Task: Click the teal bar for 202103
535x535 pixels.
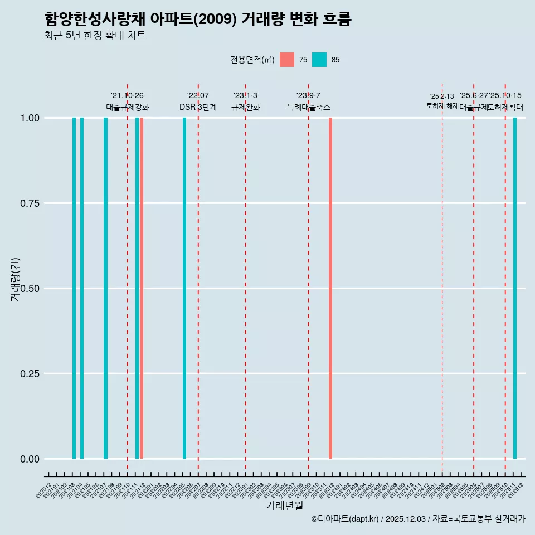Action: tap(74, 288)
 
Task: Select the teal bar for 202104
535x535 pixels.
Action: tap(82, 288)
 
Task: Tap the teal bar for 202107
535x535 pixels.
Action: tap(105, 288)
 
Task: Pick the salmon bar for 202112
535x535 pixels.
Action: tap(142, 288)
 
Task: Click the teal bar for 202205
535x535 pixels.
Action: tap(184, 288)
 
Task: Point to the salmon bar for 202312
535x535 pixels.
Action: tap(330, 288)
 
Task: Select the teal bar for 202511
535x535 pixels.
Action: tap(515, 288)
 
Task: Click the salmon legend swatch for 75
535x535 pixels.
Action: tap(287, 60)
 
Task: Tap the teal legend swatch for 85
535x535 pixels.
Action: tap(319, 60)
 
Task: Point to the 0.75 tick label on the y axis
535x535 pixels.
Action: tap(28, 203)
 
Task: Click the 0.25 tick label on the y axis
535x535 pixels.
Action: tap(28, 374)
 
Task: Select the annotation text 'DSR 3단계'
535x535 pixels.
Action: tap(198, 107)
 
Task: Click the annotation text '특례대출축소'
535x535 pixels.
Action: tap(309, 107)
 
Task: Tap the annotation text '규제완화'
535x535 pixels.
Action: tap(246, 107)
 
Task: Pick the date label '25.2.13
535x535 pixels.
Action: tap(442, 96)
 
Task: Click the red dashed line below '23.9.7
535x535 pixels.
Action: tap(309, 279)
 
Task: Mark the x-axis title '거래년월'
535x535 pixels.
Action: tap(284, 506)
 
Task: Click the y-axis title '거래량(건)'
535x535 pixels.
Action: tap(16, 279)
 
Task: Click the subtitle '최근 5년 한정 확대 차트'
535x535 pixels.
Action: tap(95, 36)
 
